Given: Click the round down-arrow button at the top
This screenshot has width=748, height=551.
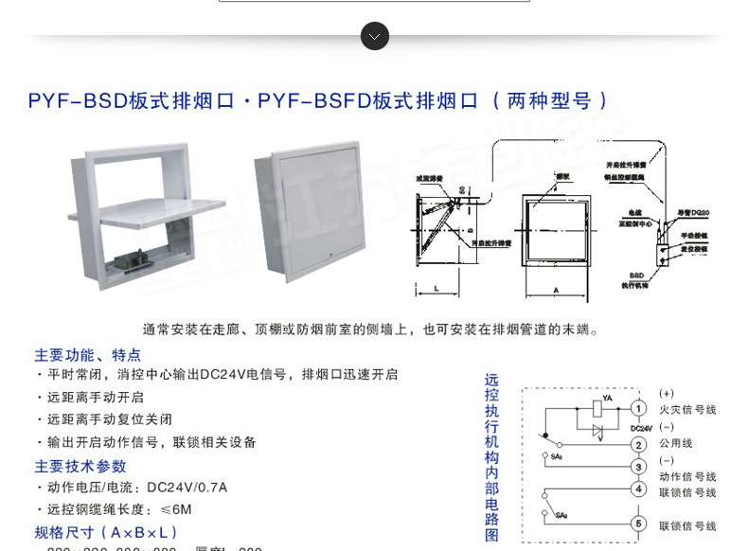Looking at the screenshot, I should point(374,36).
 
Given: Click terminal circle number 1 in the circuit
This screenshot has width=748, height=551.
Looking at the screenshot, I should point(640,408).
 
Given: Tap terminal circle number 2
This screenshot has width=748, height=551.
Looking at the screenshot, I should point(640,444).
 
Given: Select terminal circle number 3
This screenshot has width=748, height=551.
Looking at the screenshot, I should point(640,466).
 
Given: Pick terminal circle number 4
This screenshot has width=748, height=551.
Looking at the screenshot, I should point(640,489).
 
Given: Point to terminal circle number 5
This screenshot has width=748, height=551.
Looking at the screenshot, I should point(640,524).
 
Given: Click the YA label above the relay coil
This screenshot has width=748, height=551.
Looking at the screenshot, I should point(607,398).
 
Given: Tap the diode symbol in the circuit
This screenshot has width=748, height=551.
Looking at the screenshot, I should point(597,431).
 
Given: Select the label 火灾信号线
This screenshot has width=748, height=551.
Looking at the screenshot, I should point(687,410).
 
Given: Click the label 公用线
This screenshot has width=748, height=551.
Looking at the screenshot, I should point(676,443).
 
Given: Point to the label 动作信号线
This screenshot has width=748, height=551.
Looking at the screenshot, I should point(687,476).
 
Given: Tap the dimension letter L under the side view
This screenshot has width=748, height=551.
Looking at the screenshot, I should point(436,287).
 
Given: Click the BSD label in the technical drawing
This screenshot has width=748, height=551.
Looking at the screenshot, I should point(636,274).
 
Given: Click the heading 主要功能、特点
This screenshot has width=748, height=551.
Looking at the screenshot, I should point(88,355).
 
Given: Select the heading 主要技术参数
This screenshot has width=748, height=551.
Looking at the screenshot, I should point(80,466).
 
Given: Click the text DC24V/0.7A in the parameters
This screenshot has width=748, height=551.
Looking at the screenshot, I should point(187,488).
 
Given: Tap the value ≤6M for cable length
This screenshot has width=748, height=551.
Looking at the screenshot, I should point(175,509).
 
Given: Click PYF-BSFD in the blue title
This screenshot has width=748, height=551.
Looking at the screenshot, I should point(313,100).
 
